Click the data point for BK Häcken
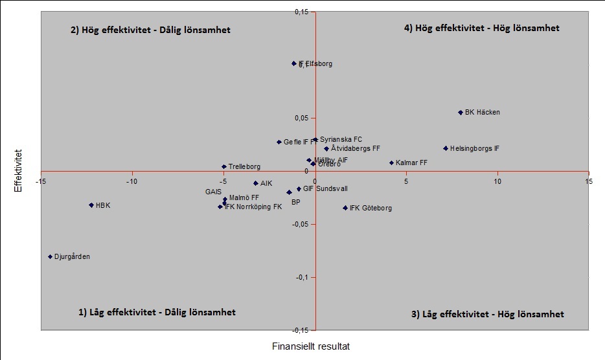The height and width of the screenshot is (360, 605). coord(461,113)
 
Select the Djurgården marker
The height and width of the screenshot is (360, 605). coord(50,257)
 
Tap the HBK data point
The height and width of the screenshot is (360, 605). coord(91,205)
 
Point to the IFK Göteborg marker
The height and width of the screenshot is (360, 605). coord(345,208)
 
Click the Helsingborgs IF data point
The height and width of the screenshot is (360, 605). coord(446,148)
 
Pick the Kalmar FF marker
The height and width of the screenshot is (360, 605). coord(391,163)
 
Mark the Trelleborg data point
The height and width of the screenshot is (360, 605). coord(224,166)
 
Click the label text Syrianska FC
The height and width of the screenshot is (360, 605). coord(341,139)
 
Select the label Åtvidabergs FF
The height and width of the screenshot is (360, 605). coord(355,148)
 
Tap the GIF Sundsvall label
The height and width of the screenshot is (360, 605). coord(325,189)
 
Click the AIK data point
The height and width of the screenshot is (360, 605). coord(256,183)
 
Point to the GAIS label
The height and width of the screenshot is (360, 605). coord(214,192)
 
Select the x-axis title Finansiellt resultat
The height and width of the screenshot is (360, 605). coord(311,346)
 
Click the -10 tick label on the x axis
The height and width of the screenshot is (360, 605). coord(132,181)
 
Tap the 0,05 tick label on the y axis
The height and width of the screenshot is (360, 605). coord(302,118)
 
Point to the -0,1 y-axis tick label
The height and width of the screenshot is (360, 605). coord(301,277)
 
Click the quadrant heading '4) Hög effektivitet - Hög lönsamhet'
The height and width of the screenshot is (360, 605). coord(481,28)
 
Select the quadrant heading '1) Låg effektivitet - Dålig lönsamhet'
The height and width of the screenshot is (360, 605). coord(157,312)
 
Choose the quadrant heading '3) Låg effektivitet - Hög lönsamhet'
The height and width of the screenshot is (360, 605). coord(488,314)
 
